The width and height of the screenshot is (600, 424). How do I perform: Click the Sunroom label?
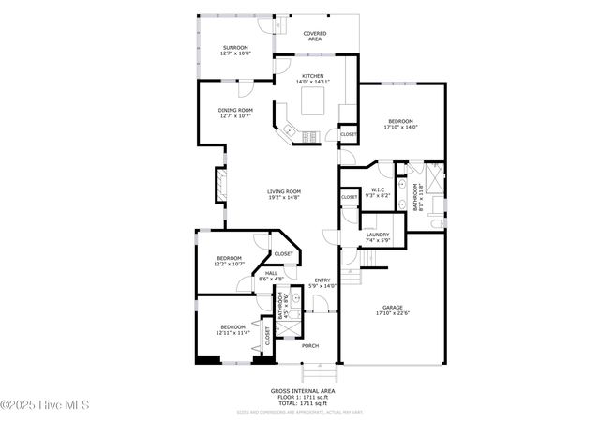[x=235, y=48]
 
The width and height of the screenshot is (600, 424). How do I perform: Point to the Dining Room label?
[x=235, y=111]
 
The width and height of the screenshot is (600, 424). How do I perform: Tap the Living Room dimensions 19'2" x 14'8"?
[x=283, y=198]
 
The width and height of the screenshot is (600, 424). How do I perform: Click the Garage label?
[x=393, y=307]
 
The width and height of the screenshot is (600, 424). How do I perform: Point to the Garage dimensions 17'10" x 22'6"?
[x=393, y=314]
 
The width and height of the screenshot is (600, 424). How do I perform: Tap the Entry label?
[x=322, y=280]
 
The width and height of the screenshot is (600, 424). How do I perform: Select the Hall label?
[x=271, y=273]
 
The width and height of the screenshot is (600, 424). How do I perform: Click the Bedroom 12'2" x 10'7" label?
[x=230, y=258]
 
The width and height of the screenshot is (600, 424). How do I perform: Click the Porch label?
[x=309, y=346]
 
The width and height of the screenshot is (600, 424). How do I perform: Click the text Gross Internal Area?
[x=302, y=390]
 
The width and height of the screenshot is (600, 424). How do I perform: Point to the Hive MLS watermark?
[x=45, y=404]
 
